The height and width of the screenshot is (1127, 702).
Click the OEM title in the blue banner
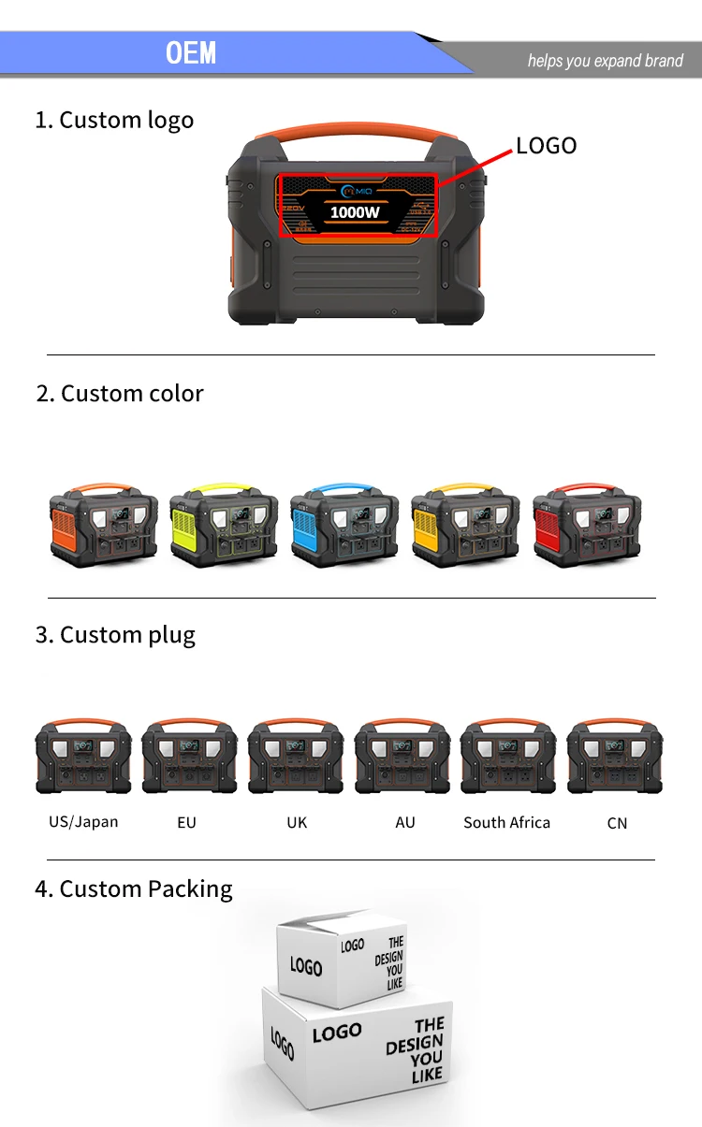coord(191,53)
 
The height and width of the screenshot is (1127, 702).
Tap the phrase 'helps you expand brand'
coord(605,61)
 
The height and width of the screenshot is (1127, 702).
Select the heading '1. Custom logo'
coord(114,120)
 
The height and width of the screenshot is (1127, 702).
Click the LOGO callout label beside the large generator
coord(546,145)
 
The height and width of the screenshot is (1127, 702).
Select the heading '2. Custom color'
coord(120,393)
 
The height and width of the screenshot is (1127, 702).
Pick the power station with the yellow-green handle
coord(224,525)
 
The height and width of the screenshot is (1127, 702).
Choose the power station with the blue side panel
coord(344,525)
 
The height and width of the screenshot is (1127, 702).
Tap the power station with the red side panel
coord(587,525)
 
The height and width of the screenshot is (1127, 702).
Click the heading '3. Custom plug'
coord(115,635)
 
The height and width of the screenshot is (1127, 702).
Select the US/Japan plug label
coord(83,822)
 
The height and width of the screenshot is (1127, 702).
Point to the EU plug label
coord(186,823)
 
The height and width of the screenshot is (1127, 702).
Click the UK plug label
coord(297,823)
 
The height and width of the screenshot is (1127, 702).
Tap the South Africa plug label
coord(506,823)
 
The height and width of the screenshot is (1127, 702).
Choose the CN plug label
coord(617,824)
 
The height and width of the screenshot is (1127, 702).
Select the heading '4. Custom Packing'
coord(134,889)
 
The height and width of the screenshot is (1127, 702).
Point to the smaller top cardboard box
coord(342,959)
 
